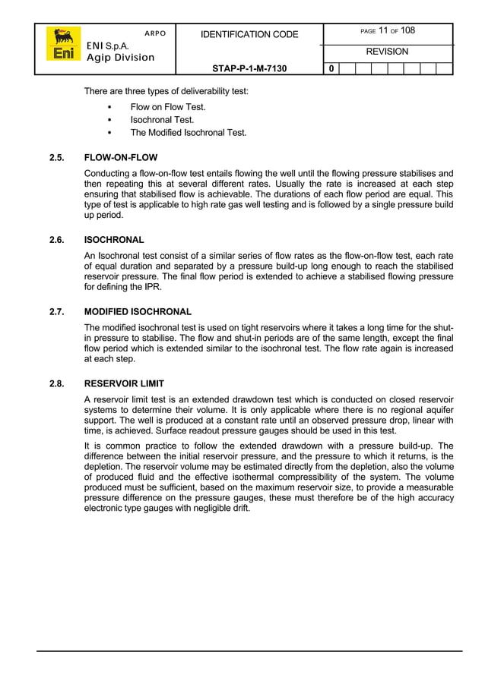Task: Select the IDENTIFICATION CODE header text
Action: click(x=249, y=34)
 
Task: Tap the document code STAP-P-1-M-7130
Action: click(x=249, y=68)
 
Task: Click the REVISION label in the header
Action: click(x=388, y=52)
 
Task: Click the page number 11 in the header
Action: click(x=383, y=30)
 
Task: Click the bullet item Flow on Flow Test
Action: click(x=168, y=107)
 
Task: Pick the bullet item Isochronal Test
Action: click(x=162, y=120)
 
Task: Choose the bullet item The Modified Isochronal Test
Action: click(x=188, y=132)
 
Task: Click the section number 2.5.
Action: click(x=56, y=158)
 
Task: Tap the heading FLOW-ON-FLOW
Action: click(x=121, y=158)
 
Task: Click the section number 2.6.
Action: click(x=56, y=240)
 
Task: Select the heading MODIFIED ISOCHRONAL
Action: click(x=138, y=311)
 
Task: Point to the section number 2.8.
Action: click(x=56, y=383)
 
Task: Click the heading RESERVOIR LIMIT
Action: click(x=124, y=383)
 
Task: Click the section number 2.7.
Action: click(x=56, y=311)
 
